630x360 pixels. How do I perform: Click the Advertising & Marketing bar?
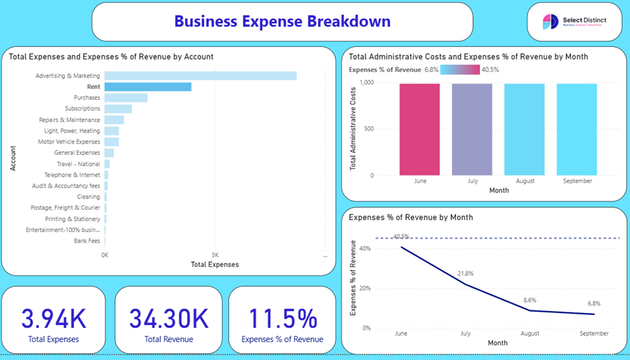[200, 76]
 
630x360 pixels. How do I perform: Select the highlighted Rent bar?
[147, 86]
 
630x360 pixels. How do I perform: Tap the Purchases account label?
[87, 98]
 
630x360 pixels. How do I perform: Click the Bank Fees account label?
[87, 241]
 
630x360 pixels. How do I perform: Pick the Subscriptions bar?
[118, 109]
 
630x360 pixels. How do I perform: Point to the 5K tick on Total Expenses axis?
[214, 255]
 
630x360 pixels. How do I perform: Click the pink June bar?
[420, 129]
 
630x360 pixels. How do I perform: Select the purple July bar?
[472, 129]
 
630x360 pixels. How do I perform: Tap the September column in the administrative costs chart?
[577, 129]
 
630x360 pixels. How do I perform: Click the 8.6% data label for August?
[529, 300]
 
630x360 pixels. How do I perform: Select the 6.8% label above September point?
[594, 304]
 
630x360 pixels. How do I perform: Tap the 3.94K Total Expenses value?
[54, 318]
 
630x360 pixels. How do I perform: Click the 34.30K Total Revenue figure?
[169, 318]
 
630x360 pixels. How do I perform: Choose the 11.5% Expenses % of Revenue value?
[282, 318]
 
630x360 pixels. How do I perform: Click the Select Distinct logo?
[574, 22]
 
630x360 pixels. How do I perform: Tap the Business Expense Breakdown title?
[282, 21]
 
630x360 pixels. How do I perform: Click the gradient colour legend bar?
[460, 70]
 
